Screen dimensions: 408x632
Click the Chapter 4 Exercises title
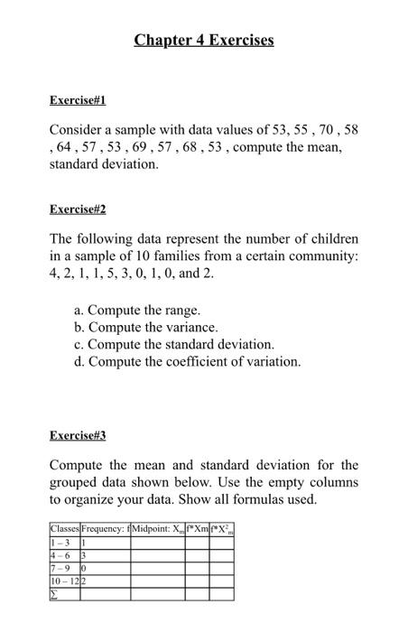[204, 41]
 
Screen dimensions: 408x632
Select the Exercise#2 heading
[78, 209]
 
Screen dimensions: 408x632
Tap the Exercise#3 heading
[78, 435]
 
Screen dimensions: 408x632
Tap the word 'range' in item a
[180, 310]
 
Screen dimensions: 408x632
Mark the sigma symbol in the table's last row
[55, 594]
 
